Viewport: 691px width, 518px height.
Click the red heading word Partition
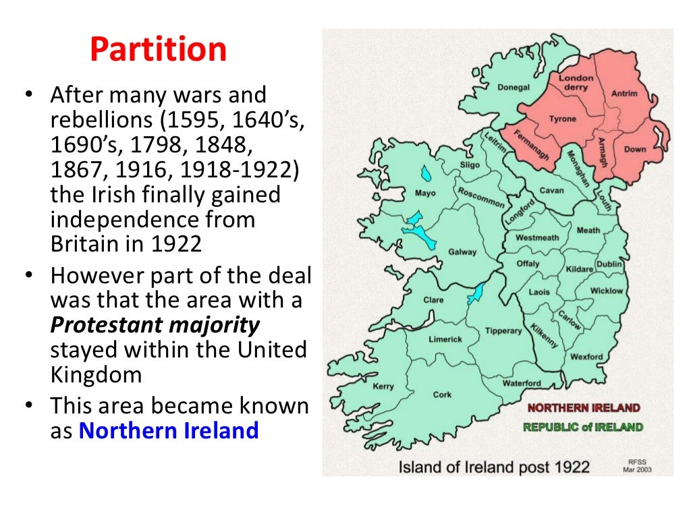point(158,49)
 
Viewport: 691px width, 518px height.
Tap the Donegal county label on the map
point(514,87)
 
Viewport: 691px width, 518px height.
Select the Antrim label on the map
point(624,93)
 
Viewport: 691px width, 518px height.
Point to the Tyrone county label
point(562,119)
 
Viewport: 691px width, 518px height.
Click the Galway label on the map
point(462,252)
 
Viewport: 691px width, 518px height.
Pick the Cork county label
point(443,395)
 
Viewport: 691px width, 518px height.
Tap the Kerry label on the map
point(383,386)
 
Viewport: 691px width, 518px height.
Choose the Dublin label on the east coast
point(609,264)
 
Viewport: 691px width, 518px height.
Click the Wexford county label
point(586,357)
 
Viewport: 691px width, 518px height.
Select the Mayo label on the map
point(425,194)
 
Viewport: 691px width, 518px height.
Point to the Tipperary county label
point(503,330)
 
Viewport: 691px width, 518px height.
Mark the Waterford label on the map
point(522,383)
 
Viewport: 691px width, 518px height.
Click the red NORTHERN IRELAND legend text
point(584,408)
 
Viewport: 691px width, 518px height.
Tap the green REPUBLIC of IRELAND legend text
point(583,427)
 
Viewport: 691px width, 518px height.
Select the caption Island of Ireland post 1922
point(494,466)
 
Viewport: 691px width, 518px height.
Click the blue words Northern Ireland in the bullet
point(169,430)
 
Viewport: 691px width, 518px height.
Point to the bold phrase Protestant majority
point(155,325)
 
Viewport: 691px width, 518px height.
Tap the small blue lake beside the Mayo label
point(424,174)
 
